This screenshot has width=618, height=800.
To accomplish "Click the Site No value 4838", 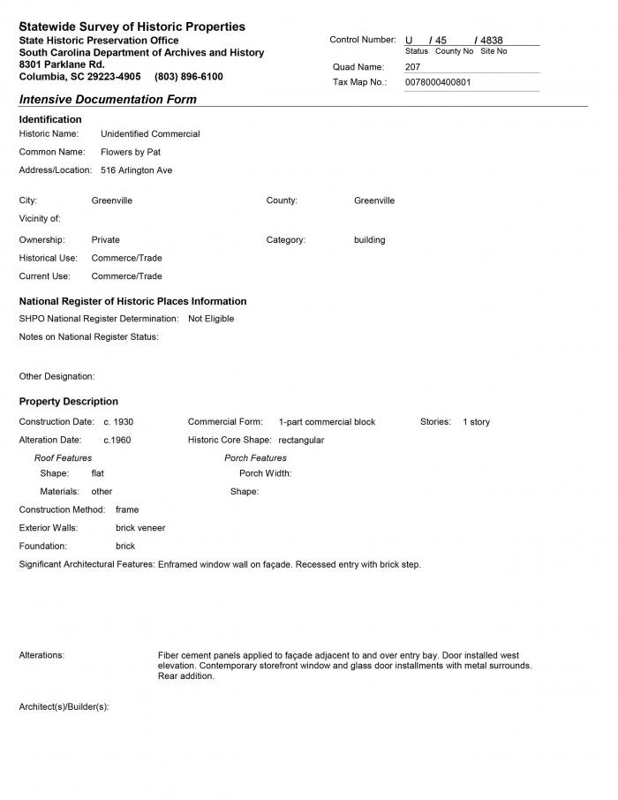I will (491, 41).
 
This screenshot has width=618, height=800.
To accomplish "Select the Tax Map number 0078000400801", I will (438, 82).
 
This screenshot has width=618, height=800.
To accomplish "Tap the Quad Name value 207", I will (413, 66).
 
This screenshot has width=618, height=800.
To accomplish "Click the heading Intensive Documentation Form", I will (108, 100).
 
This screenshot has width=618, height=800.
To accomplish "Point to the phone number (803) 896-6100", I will (189, 77).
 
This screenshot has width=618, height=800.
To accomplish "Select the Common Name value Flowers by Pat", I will (131, 152).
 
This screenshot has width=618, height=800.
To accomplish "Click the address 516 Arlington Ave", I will (136, 170).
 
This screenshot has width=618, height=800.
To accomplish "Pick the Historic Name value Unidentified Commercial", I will (150, 134).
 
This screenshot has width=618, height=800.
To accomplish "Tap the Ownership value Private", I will (105, 240).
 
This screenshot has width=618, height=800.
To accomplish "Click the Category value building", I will (369, 240).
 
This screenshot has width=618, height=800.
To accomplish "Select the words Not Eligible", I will (211, 319).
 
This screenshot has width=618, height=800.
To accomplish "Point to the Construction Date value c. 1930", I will (118, 422).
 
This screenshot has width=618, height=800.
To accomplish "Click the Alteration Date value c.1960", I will (117, 440).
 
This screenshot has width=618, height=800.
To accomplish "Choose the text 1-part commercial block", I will (327, 422).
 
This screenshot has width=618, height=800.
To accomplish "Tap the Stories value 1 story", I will (476, 422).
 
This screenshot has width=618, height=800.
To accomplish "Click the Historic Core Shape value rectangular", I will (301, 440).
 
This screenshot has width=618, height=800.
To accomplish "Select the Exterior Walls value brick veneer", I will (140, 528).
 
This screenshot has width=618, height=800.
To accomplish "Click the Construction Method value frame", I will (127, 509).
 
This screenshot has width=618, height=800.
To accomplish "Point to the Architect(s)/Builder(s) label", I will (64, 707).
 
